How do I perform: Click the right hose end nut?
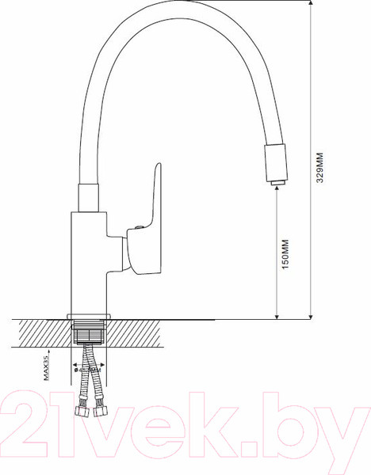101,412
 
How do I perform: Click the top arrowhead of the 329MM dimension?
307,5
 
